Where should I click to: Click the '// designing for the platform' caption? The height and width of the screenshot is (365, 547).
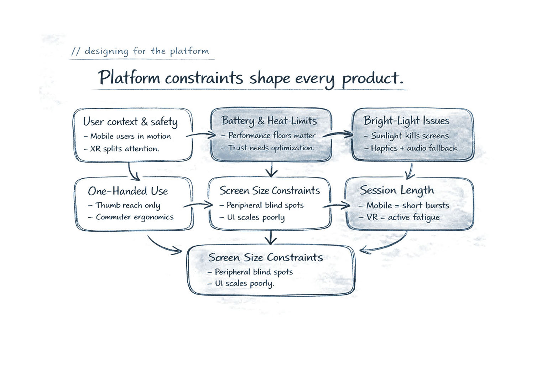click(141, 51)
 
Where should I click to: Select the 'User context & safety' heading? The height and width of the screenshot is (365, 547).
click(130, 122)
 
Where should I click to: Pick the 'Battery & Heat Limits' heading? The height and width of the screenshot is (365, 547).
click(269, 121)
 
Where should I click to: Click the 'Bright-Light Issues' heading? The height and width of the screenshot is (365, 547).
click(406, 121)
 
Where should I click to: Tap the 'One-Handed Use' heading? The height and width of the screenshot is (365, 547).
click(128, 191)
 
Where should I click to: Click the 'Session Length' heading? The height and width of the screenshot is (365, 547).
click(397, 190)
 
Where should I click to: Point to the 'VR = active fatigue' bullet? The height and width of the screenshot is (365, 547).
click(403, 217)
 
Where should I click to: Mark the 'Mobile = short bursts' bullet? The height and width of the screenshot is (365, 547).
click(407, 205)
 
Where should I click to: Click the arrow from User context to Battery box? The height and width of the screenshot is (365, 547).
click(201, 135)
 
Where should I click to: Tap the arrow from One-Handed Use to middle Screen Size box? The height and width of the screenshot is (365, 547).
click(198, 205)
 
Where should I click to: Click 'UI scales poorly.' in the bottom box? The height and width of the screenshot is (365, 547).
click(244, 283)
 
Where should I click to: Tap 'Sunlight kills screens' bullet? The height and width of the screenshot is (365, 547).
click(410, 136)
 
